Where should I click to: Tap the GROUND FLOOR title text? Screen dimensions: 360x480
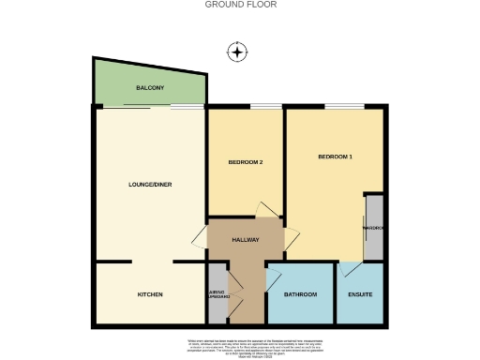(240, 5)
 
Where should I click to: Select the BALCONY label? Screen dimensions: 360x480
(150, 88)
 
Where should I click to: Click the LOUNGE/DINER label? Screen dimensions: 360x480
(150, 184)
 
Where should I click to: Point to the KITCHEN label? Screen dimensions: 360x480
(150, 294)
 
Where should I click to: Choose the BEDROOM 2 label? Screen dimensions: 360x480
(245, 162)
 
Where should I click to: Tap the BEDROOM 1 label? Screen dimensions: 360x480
(335, 156)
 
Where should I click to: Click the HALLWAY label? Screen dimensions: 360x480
(246, 240)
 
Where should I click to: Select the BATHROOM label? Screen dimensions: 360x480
(300, 294)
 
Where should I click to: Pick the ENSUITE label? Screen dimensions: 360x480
(360, 294)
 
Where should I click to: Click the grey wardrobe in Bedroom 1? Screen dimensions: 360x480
(374, 228)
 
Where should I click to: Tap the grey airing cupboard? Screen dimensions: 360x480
(217, 294)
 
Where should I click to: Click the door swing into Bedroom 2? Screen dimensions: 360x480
(266, 210)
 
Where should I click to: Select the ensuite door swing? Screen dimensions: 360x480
(349, 269)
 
